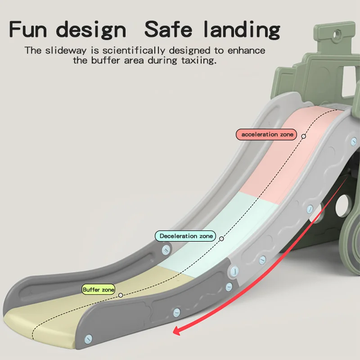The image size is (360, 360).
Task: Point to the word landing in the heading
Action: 241,30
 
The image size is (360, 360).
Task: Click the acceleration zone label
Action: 267,135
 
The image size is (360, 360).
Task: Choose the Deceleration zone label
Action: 185,236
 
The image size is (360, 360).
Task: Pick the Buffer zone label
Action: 98,290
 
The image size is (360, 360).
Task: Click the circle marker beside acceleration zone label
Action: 304,135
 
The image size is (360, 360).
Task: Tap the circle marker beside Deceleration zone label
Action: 221,238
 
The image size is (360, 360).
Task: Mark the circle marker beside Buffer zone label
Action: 121,295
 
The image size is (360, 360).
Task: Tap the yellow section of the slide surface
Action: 90,310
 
